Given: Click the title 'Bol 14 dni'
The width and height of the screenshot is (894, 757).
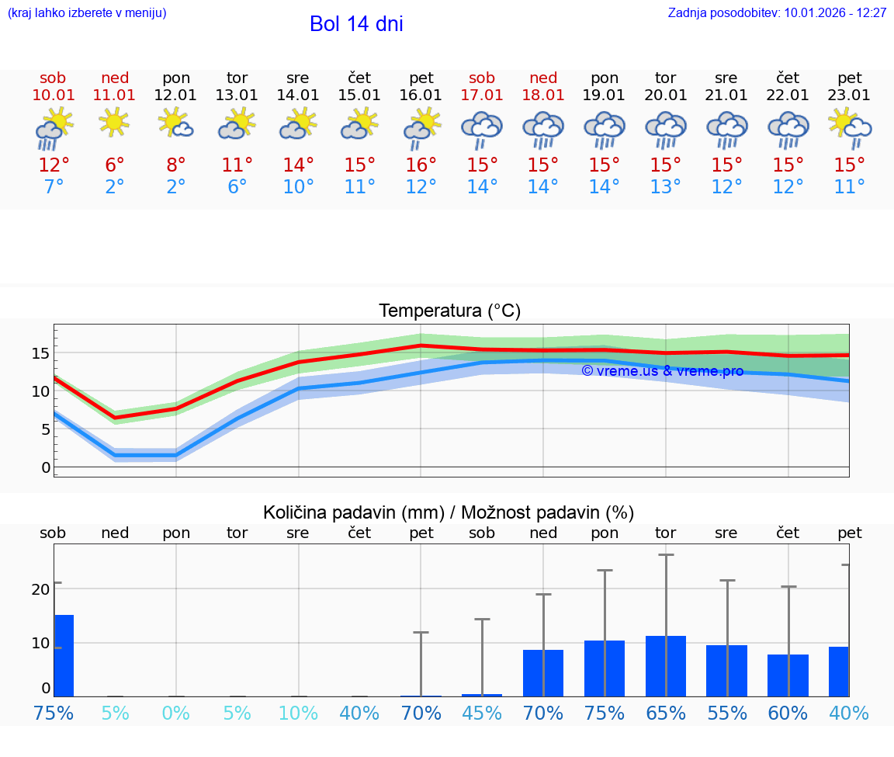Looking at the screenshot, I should (x=356, y=24).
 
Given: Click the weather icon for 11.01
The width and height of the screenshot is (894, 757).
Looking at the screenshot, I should (x=115, y=123).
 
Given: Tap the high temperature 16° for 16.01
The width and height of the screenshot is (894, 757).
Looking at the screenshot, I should (x=421, y=165).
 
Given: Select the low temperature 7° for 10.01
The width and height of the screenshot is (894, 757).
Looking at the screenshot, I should (x=53, y=187).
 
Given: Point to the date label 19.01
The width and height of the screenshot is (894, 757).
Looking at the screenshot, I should (x=605, y=95).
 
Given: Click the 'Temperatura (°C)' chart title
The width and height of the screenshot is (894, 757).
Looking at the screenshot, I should (x=449, y=311).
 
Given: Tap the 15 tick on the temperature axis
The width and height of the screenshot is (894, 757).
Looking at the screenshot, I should (x=41, y=353).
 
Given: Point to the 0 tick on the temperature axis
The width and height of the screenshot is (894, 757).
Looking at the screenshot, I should (x=46, y=467).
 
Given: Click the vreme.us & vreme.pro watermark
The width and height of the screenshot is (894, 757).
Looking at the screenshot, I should (x=663, y=371).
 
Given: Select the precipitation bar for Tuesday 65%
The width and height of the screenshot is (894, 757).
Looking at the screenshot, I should (x=666, y=665).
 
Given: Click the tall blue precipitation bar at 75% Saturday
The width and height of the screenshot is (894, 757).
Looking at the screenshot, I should (x=64, y=655).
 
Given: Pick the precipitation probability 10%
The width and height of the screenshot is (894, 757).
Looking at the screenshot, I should (x=299, y=713).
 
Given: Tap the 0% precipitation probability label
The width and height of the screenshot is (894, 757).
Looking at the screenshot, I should (x=176, y=713).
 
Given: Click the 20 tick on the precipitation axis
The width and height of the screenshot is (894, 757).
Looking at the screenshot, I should (x=41, y=589).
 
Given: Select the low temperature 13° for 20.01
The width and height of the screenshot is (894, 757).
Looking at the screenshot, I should (x=666, y=187).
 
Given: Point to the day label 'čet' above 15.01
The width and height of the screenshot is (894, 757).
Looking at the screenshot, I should (x=359, y=78).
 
